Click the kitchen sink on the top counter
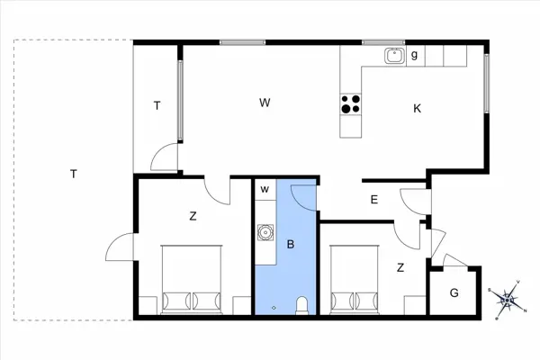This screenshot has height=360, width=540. tap(394, 56)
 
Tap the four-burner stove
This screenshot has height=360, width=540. tap(351, 104)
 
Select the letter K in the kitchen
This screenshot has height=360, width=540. tap(418, 109)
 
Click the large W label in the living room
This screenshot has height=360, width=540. tap(265, 103)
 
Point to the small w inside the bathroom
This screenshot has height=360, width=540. tap(265, 190)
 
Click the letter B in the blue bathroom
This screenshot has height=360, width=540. tap(291, 243)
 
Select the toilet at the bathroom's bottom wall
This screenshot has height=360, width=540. tap(301, 305)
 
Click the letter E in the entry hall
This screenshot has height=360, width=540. tap(374, 200)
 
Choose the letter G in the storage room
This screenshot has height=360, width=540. tap(454, 292)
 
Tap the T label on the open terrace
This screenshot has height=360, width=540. tap(73, 174)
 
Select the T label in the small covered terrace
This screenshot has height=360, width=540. tap(157, 106)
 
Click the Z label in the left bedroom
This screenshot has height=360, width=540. tap(193, 216)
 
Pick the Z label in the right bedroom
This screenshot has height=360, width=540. tap(400, 266)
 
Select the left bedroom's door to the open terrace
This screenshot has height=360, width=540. tap(120, 247)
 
